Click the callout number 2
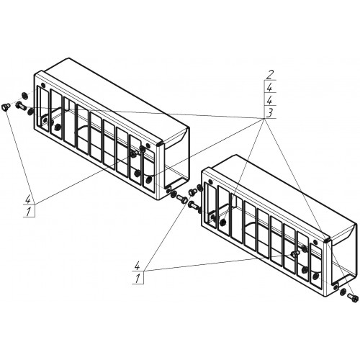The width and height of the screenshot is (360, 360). pos(269,75)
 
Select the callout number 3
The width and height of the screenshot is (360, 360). pos(269,113)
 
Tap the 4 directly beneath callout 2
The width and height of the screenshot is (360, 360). pos(269,88)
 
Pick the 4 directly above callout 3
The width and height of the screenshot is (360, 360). pos(269,100)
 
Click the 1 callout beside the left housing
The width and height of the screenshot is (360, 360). pos(29,212)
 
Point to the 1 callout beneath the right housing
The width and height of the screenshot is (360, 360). pos(138,279)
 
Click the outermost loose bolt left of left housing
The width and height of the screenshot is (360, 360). pos(5,107)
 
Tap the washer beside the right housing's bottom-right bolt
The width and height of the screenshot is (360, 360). pos(343,292)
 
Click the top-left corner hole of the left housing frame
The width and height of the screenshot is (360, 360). pos(43,85)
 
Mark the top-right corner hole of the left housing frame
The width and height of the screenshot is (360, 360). pos(148,145)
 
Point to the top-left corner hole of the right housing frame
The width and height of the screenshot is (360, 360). pos(210,181)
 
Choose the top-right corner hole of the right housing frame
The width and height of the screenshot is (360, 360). pos(316,242)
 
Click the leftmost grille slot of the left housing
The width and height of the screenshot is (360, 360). pos(42,109)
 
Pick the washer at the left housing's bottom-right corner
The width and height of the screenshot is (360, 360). pos(173,194)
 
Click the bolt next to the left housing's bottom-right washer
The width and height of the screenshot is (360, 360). pos(182,198)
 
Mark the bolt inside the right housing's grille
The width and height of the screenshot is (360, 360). pos(295,253)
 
